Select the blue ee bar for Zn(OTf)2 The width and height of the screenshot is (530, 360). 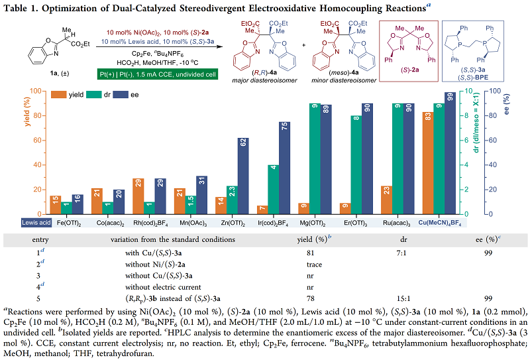[x=243, y=176]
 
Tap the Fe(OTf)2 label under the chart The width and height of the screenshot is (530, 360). [x=70, y=223]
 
